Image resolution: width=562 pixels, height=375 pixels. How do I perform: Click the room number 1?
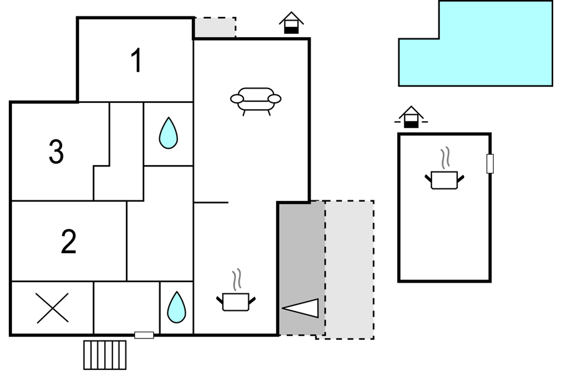coord(137,60)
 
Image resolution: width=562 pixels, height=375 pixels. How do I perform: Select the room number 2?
coord(69,241)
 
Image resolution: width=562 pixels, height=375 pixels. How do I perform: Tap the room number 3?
coord(56,152)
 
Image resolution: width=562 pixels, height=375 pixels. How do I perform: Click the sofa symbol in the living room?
coord(255,101)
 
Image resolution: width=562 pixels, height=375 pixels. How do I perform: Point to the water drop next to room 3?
coord(169,133)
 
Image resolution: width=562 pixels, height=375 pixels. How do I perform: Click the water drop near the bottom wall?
coord(177,307)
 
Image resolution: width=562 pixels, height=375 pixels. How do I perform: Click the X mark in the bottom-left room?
coord(52,308)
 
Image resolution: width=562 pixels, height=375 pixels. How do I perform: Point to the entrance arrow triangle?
coord(301,308)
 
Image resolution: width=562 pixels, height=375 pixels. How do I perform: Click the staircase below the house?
coord(105,355)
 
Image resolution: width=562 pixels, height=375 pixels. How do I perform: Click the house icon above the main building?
coord(292,23)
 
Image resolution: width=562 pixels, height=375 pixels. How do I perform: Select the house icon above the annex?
coord(411,117)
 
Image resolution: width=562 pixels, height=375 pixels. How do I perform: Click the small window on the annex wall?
coord(490,164)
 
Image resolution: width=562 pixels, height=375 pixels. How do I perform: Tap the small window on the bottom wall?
coord(144,335)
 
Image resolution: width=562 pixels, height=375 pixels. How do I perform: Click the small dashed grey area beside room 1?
coord(215,27)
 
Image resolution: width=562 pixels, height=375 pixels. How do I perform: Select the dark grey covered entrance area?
coord(302,268)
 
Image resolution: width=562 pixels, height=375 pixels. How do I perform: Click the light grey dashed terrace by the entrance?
coord(349,270)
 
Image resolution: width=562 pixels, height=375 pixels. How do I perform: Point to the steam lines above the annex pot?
coord(445,158)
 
